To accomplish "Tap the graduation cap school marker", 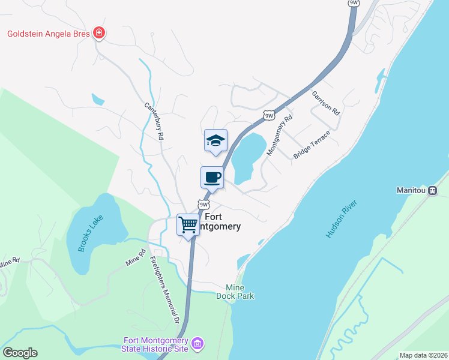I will [x=215, y=141].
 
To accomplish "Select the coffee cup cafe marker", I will [x=212, y=178].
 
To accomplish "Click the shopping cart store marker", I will [x=188, y=225].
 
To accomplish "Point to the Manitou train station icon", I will [x=432, y=191].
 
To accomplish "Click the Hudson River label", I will [x=342, y=220].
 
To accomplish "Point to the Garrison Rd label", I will [x=326, y=103].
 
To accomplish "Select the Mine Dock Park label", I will [x=240, y=291].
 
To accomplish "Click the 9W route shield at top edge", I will [x=354, y=3].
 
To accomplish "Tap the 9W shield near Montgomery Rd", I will [x=268, y=115].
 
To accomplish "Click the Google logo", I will [x=20, y=352].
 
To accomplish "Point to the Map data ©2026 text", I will [x=423, y=355].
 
